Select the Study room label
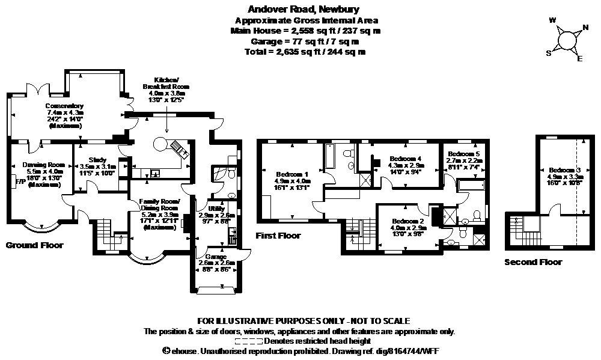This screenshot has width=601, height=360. (93, 160)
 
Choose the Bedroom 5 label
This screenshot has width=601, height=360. (465, 154)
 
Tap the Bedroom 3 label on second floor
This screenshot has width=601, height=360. (565, 170)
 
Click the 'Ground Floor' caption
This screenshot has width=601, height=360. (34, 245)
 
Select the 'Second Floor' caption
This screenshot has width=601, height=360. (533, 262)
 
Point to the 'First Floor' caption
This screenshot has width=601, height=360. (278, 236)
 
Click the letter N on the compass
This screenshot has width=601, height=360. (586, 27)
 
